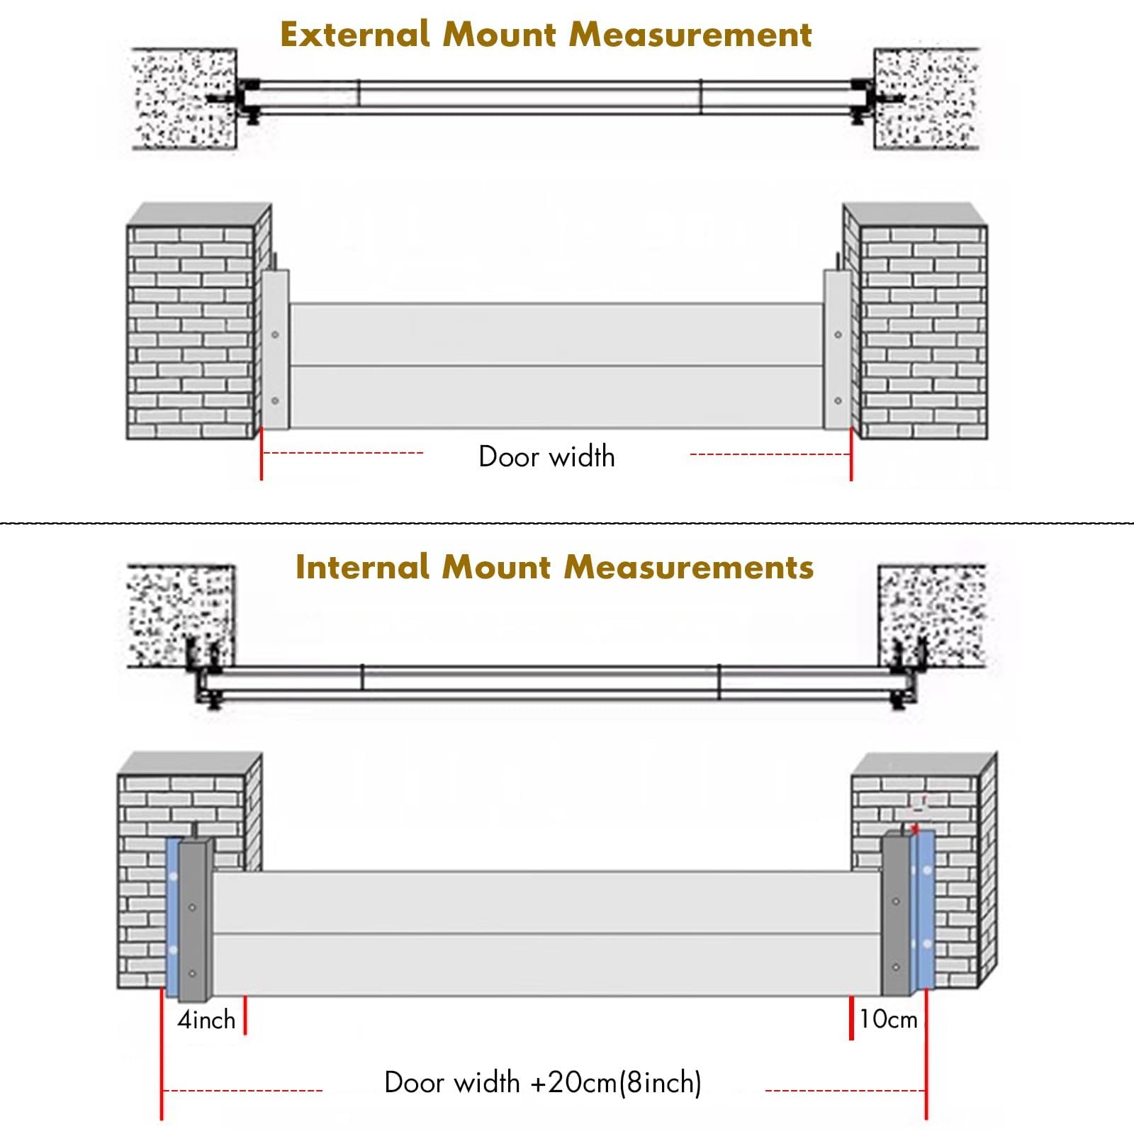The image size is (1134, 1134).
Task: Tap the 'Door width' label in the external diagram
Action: point(546,456)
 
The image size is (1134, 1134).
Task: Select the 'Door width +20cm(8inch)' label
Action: point(543,1082)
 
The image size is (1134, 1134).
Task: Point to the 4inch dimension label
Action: point(206,1020)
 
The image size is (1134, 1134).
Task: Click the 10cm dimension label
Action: point(888,1019)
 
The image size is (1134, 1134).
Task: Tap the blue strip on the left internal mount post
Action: point(172,914)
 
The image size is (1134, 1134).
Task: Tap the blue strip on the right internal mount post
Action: point(926,911)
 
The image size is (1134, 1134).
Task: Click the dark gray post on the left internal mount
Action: point(195,921)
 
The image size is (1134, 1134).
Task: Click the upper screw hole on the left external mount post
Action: point(275,335)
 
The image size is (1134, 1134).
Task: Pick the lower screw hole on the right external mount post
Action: point(838,400)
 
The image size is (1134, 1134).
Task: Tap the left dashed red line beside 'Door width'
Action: point(343,453)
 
